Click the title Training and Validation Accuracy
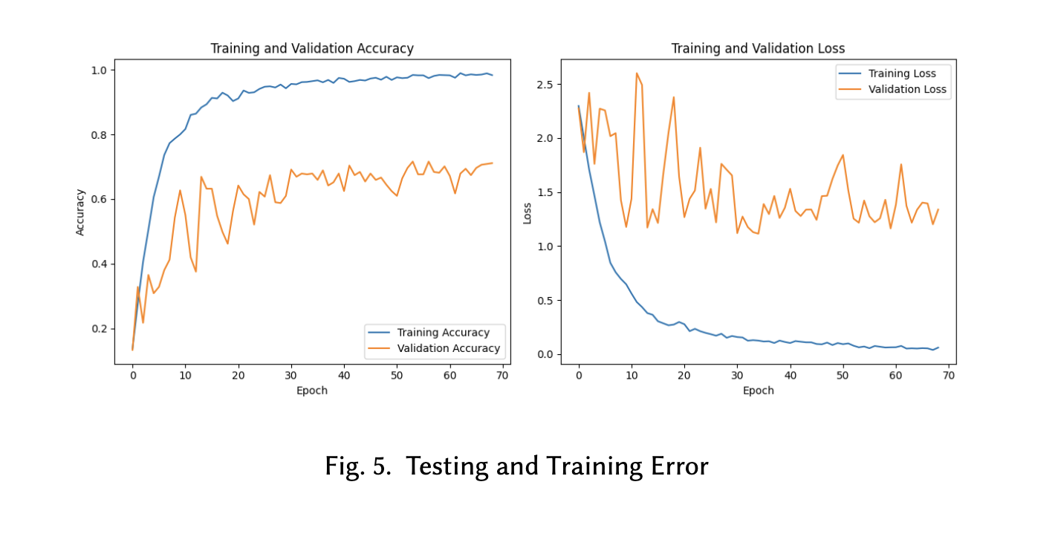click(x=312, y=48)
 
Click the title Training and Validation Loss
click(x=758, y=48)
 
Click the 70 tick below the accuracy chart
click(x=502, y=376)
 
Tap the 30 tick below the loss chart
click(x=737, y=376)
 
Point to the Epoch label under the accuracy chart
click(x=312, y=391)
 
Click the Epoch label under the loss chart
click(x=758, y=391)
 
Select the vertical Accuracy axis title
click(x=80, y=212)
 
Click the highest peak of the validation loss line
click(x=637, y=73)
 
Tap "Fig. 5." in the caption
click(x=357, y=466)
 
